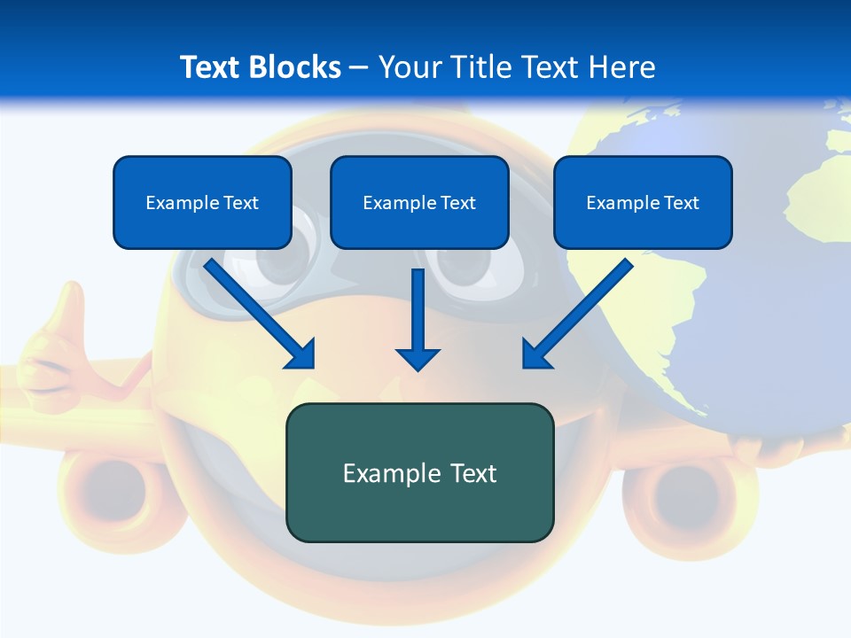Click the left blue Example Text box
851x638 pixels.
click(202, 202)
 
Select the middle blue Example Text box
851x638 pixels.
click(419, 202)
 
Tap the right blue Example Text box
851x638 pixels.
click(643, 202)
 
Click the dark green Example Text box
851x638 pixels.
click(419, 472)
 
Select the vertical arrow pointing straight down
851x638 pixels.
click(418, 319)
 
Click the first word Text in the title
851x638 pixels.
click(211, 67)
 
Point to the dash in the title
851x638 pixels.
click(359, 67)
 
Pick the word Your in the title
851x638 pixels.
click(408, 67)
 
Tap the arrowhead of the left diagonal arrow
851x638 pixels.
click(301, 354)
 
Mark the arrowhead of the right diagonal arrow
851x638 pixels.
click(535, 354)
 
